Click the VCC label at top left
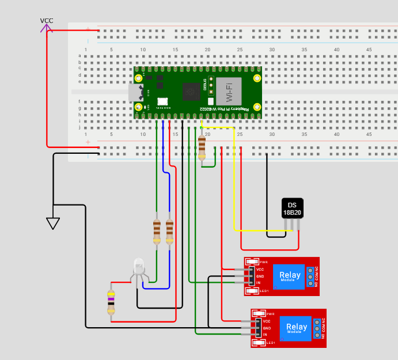click(47, 21)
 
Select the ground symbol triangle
click(53, 223)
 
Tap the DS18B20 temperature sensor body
click(292, 208)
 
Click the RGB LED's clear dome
click(139, 266)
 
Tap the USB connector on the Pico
click(136, 92)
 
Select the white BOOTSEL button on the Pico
click(162, 101)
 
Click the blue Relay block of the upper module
click(290, 276)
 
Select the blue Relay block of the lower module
click(297, 328)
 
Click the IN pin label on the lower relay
click(265, 335)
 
